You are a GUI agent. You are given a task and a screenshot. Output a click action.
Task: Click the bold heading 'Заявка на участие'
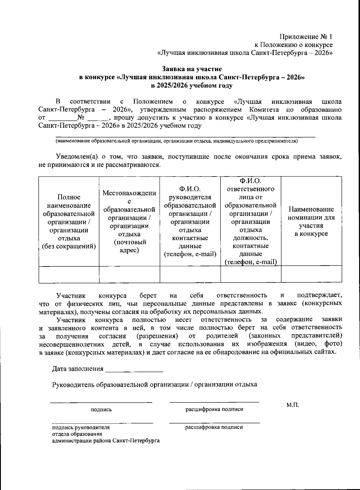point(192,69)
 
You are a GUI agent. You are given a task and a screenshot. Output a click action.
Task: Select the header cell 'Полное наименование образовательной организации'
point(69,222)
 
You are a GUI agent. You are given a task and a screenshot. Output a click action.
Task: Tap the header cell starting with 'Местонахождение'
point(129,222)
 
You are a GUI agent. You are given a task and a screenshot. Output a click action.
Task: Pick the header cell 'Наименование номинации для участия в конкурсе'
point(311,221)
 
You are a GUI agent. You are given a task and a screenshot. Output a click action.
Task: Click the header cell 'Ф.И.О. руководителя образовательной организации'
point(190,222)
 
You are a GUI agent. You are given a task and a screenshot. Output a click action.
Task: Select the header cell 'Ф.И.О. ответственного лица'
point(250,222)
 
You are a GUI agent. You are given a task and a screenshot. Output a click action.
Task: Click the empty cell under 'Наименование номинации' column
point(311,274)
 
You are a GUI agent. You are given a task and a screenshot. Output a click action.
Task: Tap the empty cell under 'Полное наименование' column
point(69,274)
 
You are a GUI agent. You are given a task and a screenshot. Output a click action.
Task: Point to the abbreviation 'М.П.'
point(292,405)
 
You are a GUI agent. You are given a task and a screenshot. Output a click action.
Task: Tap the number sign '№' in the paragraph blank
point(80,117)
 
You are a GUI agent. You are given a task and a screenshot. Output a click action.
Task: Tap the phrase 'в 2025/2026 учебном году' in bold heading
point(192,86)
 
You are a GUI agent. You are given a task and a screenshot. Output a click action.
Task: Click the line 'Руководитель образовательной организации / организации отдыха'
point(154,385)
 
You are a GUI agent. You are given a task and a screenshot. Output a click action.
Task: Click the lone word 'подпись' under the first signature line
point(101,409)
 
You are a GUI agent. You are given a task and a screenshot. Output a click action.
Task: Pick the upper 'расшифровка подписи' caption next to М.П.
point(214,409)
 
